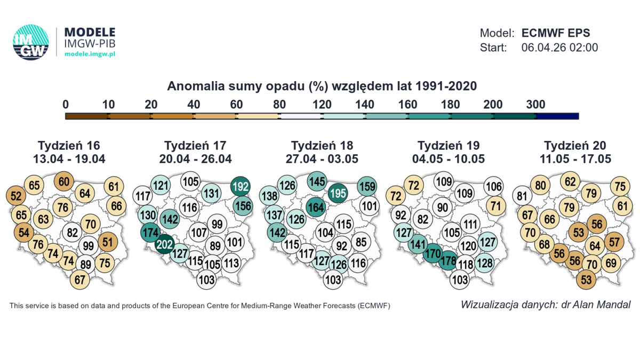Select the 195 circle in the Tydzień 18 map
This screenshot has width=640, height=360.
click(x=337, y=193)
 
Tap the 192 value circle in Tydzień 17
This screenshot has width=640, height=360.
click(x=240, y=187)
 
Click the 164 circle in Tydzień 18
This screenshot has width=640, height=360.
click(x=316, y=207)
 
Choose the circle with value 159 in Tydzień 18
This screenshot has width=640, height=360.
click(x=367, y=187)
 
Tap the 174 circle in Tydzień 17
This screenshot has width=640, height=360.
click(x=150, y=233)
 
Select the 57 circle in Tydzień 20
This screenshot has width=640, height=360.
click(x=614, y=242)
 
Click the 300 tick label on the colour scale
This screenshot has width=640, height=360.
click(x=535, y=105)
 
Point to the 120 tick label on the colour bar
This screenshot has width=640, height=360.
click(x=322, y=105)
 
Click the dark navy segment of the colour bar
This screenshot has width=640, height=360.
click(x=557, y=116)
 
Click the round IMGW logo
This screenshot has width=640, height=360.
click(x=31, y=42)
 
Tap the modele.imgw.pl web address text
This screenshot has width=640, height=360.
click(x=90, y=54)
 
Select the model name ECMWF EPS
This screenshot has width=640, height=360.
click(x=556, y=33)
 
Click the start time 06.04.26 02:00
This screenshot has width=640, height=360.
click(x=559, y=47)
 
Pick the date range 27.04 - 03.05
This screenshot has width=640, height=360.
click(x=322, y=159)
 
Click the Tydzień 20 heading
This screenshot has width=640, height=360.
click(x=575, y=146)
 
